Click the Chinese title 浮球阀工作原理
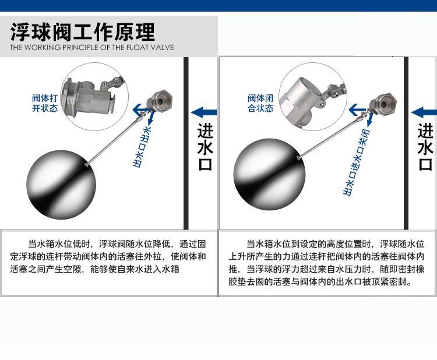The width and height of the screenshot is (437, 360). point(83,32)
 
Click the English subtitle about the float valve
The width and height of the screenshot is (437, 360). point(92,47)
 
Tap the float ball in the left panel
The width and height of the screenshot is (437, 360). point(61,185)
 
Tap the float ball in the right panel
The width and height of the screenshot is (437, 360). point(270,174)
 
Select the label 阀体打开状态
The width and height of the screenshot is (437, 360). point(45,103)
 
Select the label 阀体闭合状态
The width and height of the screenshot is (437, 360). point(260,103)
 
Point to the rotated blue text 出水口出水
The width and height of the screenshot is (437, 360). point(142,147)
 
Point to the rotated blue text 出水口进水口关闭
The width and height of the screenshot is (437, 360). point(356,162)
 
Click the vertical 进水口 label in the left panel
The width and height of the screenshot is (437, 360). point(205,147)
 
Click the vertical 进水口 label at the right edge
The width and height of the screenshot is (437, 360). point(425,147)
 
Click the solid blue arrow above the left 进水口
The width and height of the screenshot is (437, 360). point(204,112)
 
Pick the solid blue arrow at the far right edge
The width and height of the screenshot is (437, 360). point(424,112)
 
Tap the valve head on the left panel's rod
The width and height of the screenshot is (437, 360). point(160,101)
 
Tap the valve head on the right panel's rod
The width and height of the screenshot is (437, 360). point(383,103)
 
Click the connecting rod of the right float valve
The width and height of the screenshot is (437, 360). point(334,135)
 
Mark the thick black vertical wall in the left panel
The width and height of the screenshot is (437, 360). point(186,143)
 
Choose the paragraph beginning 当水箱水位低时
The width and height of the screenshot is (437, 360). point(108,257)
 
